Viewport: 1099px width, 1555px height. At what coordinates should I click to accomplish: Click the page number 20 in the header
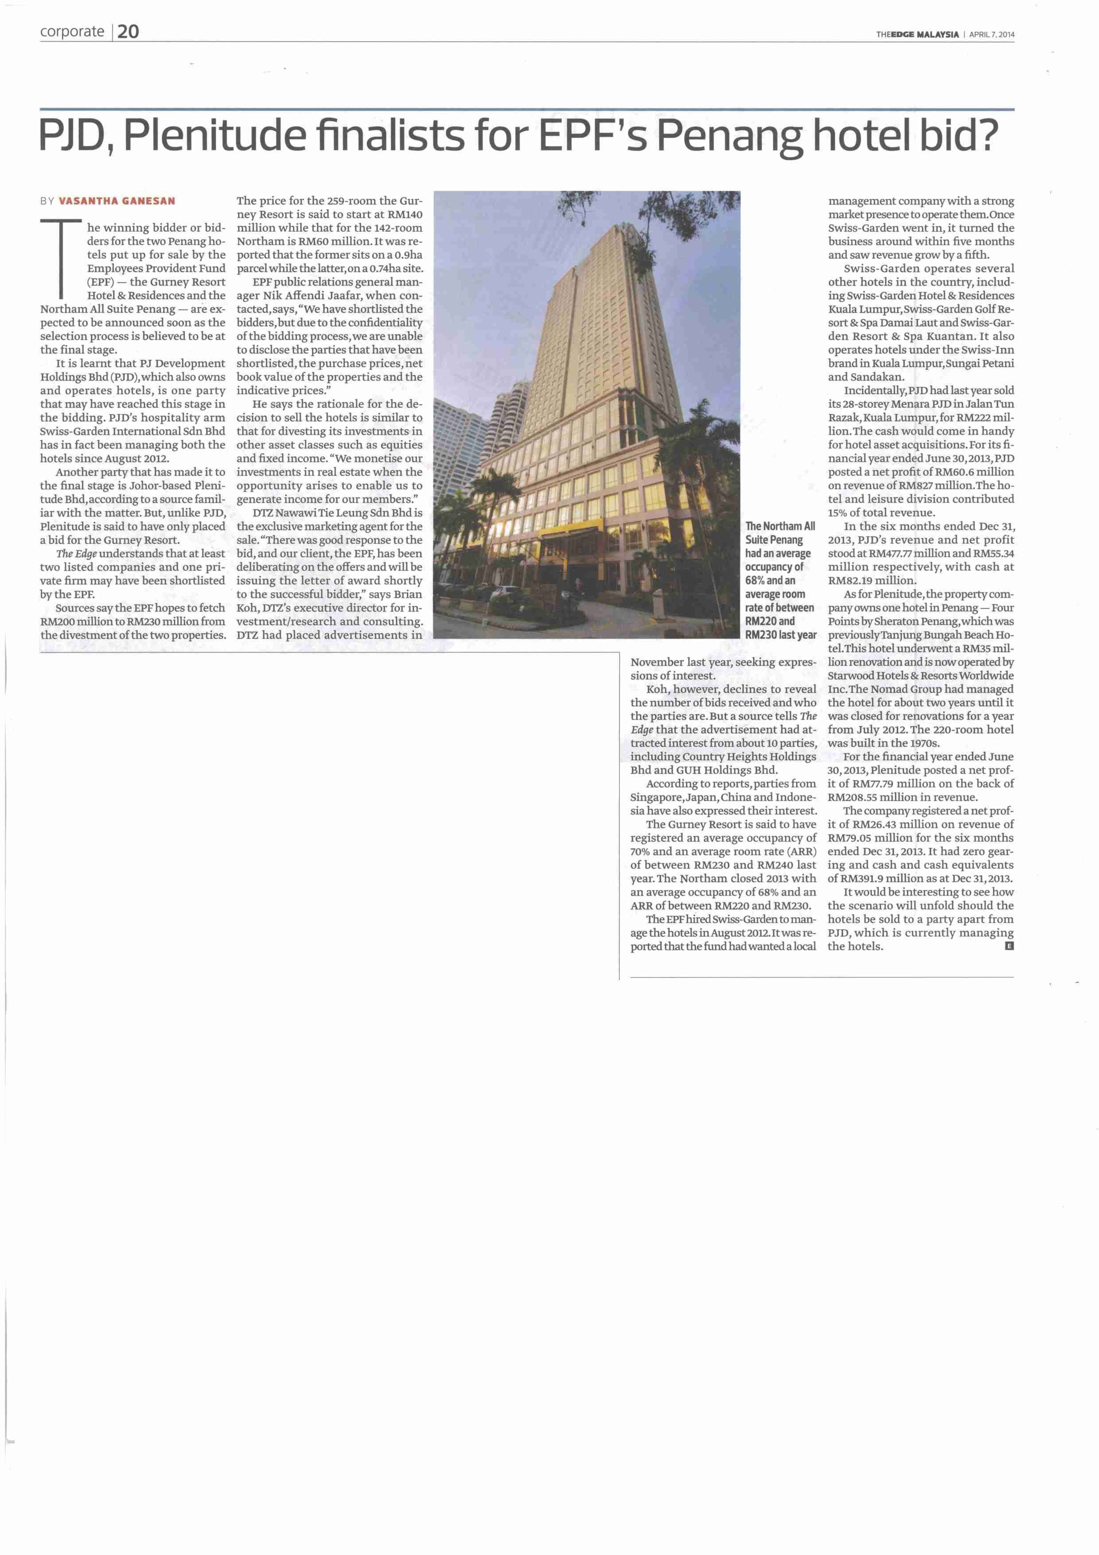[x=128, y=32]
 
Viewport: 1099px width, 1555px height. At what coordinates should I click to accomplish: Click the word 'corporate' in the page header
[x=72, y=32]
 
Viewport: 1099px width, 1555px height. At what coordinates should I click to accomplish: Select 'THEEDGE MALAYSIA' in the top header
[x=917, y=35]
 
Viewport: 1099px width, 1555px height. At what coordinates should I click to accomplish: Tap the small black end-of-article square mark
[x=1009, y=946]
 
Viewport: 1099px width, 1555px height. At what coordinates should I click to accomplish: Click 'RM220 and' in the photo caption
[x=770, y=621]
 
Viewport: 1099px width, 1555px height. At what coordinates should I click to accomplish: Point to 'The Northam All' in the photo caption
[x=780, y=526]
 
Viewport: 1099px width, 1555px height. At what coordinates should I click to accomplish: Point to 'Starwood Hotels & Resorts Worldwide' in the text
[x=920, y=675]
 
